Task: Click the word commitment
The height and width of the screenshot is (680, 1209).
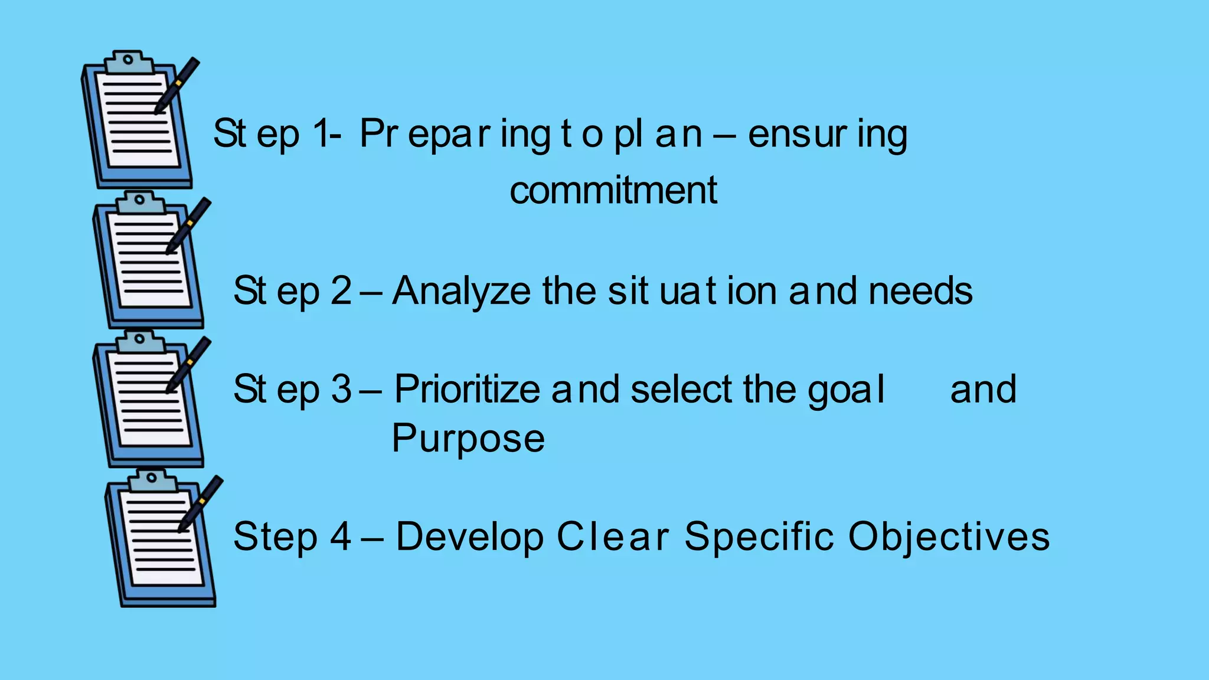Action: (613, 191)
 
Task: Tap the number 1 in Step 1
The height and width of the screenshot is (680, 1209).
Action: (322, 133)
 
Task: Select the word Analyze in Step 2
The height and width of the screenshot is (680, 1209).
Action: (461, 291)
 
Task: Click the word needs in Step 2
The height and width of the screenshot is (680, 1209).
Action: (920, 291)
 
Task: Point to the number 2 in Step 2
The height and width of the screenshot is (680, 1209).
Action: (341, 291)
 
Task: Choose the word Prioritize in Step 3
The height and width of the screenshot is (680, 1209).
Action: (467, 390)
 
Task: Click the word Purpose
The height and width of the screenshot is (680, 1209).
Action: (468, 439)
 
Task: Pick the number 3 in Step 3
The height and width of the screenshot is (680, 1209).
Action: (341, 390)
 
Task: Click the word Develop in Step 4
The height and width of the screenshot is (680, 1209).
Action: (469, 537)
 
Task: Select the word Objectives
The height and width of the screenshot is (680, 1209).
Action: (949, 537)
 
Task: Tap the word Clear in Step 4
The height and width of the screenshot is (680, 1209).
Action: (613, 537)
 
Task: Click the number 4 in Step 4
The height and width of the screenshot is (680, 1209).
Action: (341, 537)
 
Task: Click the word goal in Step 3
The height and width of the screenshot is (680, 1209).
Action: (846, 390)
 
